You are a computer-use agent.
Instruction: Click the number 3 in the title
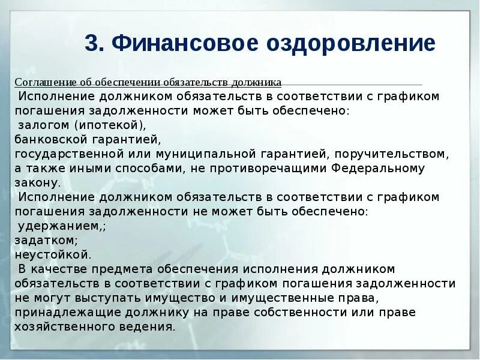pos(91,44)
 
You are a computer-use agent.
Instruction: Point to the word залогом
pos(44,125)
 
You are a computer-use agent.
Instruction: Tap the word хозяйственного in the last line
pos(70,327)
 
